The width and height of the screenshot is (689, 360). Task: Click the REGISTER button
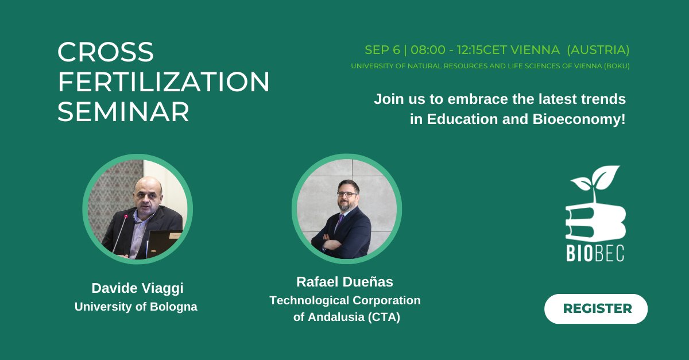596,309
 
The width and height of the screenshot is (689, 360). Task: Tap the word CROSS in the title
106,52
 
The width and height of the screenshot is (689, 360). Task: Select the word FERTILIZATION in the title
164,82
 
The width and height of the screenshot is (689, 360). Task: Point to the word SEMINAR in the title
123,112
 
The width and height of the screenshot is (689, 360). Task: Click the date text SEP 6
382,50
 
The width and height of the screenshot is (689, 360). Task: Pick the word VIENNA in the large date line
535,50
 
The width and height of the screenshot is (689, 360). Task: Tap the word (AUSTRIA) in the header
598,50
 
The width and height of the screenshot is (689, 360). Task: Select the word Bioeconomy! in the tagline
579,119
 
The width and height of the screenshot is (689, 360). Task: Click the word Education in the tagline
462,119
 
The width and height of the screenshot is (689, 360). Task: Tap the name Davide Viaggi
137,288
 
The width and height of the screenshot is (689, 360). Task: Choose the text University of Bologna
136,307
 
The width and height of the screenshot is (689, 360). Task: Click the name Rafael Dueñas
344,282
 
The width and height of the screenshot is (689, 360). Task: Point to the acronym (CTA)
384,317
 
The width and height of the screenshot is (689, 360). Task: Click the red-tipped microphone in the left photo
120,233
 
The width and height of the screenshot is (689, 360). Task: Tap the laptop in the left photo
164,243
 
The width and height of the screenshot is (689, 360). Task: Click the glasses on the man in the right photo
347,195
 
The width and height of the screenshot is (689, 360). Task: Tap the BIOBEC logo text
595,253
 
